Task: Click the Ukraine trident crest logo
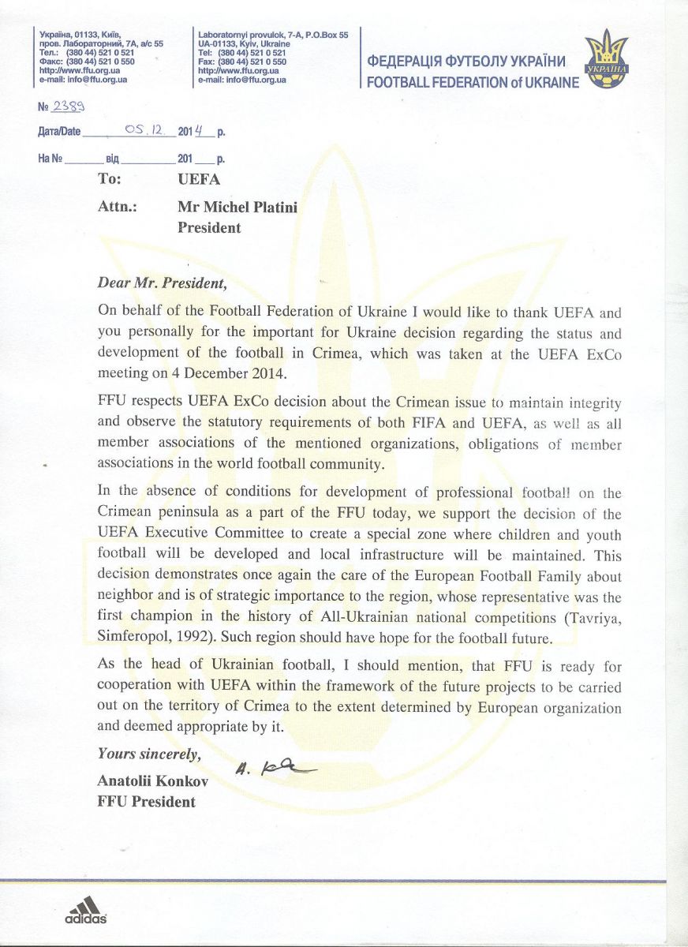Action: click(608, 60)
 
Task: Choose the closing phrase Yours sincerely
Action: click(149, 754)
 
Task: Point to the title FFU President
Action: click(147, 802)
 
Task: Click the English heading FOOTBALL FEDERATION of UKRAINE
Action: click(473, 83)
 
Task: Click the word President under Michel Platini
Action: click(209, 228)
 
